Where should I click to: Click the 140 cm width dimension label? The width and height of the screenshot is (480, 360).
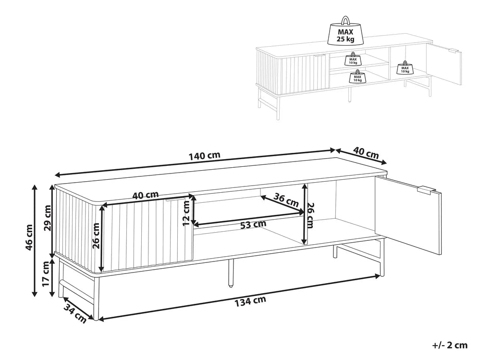(205, 156)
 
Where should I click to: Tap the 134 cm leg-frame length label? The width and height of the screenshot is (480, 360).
(250, 301)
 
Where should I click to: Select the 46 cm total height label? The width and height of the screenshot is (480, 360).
(29, 237)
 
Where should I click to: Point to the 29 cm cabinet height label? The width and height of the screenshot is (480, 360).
(48, 218)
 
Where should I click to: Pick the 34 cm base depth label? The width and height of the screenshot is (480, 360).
(75, 314)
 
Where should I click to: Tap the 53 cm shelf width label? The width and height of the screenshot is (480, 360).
(253, 224)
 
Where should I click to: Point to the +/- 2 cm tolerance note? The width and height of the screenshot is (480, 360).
(450, 345)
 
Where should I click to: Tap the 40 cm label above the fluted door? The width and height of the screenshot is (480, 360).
(146, 195)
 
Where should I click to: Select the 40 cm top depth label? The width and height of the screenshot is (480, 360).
(366, 152)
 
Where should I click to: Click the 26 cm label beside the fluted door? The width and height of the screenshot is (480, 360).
(96, 236)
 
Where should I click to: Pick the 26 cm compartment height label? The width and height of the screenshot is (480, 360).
(309, 215)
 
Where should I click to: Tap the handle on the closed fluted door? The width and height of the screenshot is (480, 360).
(175, 199)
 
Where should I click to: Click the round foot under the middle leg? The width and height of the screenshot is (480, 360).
(230, 286)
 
